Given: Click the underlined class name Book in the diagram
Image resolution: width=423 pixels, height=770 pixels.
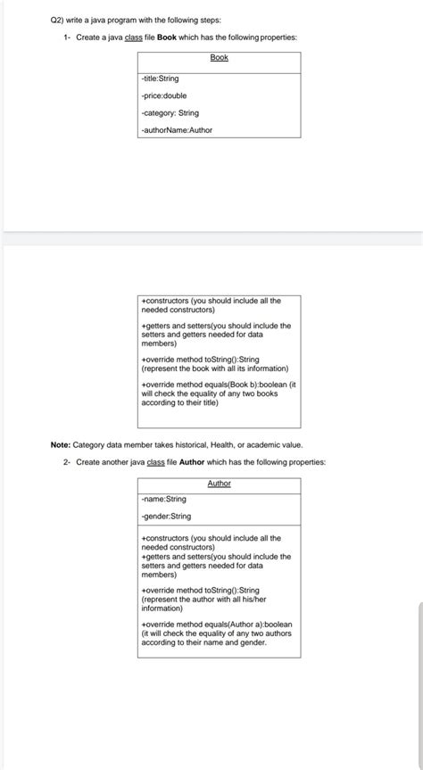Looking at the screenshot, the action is pos(219,57).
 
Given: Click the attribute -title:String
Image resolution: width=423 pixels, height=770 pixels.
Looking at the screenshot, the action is pos(161,79).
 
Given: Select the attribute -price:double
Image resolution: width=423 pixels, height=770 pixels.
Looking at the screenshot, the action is pos(163,95).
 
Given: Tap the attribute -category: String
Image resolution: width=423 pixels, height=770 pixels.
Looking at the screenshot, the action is pos(170,112).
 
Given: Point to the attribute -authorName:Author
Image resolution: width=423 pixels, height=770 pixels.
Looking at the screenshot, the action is pos(177,130).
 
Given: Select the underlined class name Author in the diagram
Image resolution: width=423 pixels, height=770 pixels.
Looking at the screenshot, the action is pos(219,484).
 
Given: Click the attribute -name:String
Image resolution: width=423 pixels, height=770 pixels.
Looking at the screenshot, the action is pos(163,500).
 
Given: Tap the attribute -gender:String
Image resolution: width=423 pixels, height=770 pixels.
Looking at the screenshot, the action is pos(166,517).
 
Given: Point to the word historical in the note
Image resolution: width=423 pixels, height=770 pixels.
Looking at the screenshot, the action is pos(198,444).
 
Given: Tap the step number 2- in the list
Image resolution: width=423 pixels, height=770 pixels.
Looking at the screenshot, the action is pos(67,462).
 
